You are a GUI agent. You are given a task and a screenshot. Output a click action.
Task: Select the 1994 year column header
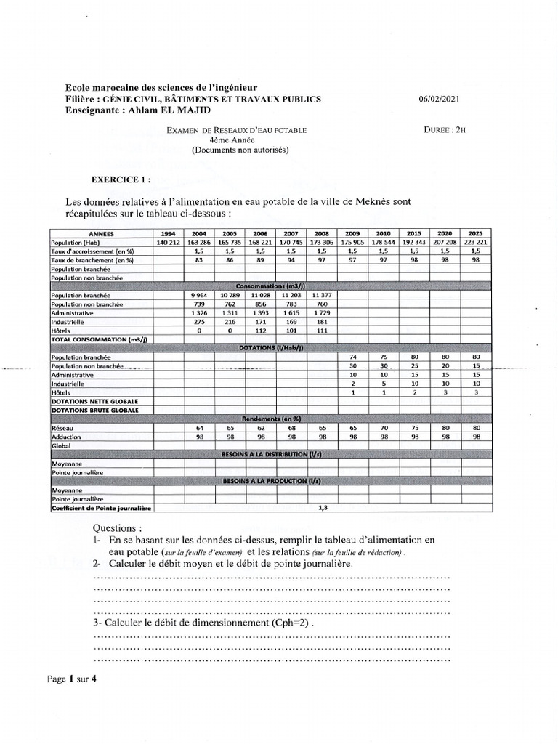tap(166, 232)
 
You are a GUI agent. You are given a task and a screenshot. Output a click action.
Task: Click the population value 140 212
tap(166, 241)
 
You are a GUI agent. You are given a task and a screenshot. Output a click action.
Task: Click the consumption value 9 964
tap(198, 296)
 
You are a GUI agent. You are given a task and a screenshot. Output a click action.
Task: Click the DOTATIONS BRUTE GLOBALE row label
tap(94, 410)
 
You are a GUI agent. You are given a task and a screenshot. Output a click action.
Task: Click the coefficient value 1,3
tap(323, 508)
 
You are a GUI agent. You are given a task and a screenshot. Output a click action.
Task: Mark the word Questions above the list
tap(118, 527)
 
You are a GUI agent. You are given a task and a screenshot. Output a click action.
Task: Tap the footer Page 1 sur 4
tap(72, 680)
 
